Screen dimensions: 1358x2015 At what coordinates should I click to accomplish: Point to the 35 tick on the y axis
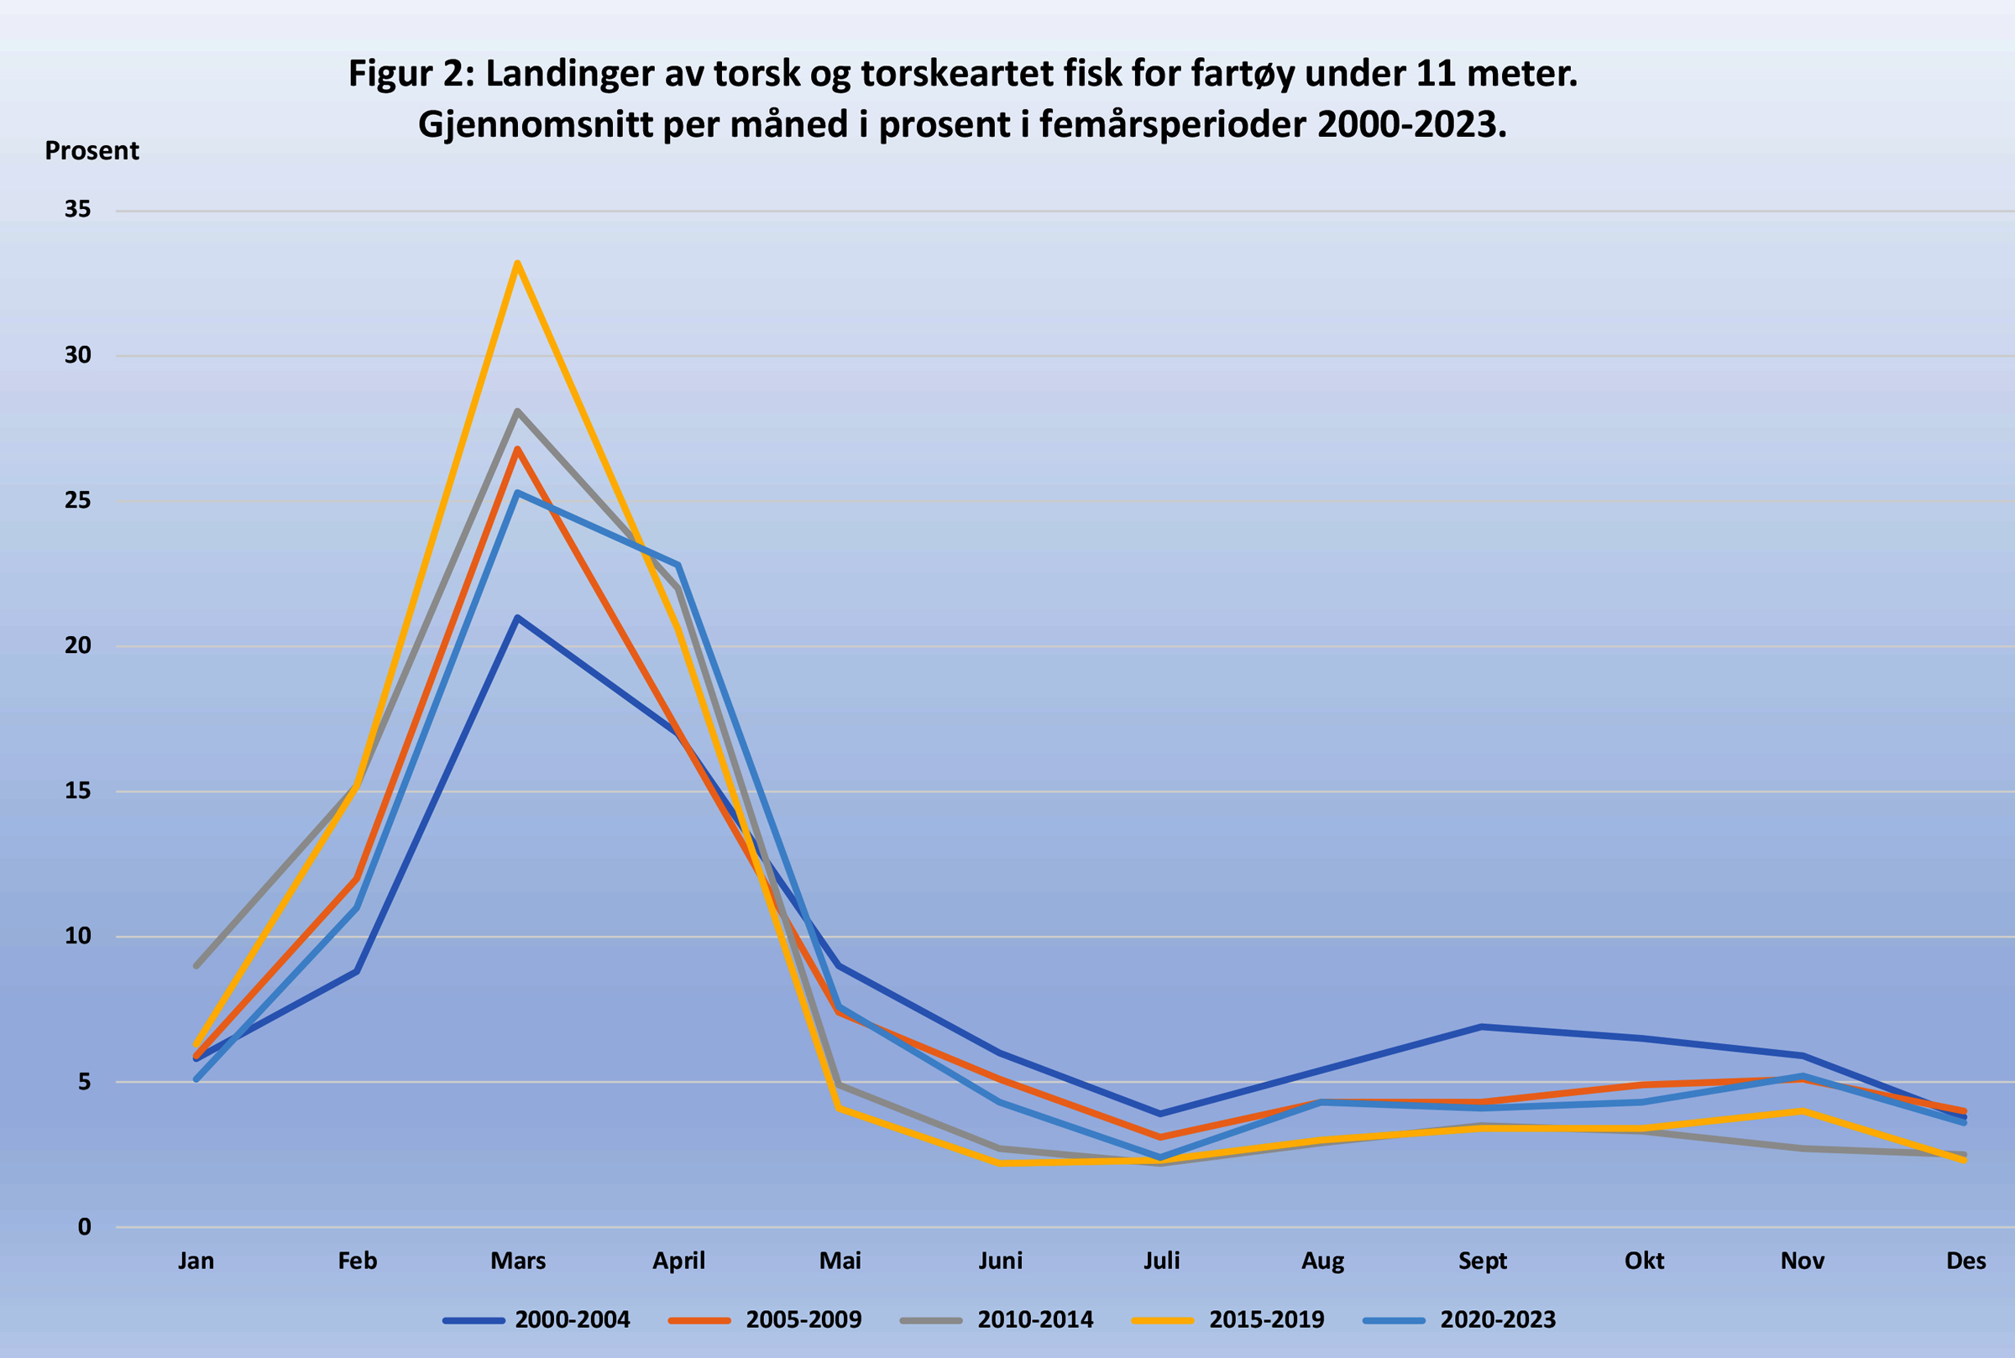tap(78, 210)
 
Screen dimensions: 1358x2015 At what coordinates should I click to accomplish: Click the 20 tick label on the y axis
tap(78, 645)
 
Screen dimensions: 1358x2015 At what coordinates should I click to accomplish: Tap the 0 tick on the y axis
tap(84, 1226)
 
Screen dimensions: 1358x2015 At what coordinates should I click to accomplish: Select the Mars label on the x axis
tap(518, 1261)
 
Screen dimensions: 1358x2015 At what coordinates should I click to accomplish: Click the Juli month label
tap(1161, 1261)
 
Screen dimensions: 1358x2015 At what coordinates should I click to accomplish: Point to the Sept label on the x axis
tap(1482, 1261)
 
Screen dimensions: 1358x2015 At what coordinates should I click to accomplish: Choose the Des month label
tap(1965, 1261)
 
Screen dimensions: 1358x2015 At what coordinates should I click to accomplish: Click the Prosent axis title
tap(92, 151)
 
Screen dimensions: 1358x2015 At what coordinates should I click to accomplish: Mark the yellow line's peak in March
tap(517, 263)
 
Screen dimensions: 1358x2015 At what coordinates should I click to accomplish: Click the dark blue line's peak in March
tap(517, 618)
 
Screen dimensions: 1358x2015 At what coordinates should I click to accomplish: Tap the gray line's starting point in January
tap(196, 965)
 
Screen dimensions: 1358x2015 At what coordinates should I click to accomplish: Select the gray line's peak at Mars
tap(517, 410)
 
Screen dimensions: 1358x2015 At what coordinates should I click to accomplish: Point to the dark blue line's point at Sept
tap(1482, 1026)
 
